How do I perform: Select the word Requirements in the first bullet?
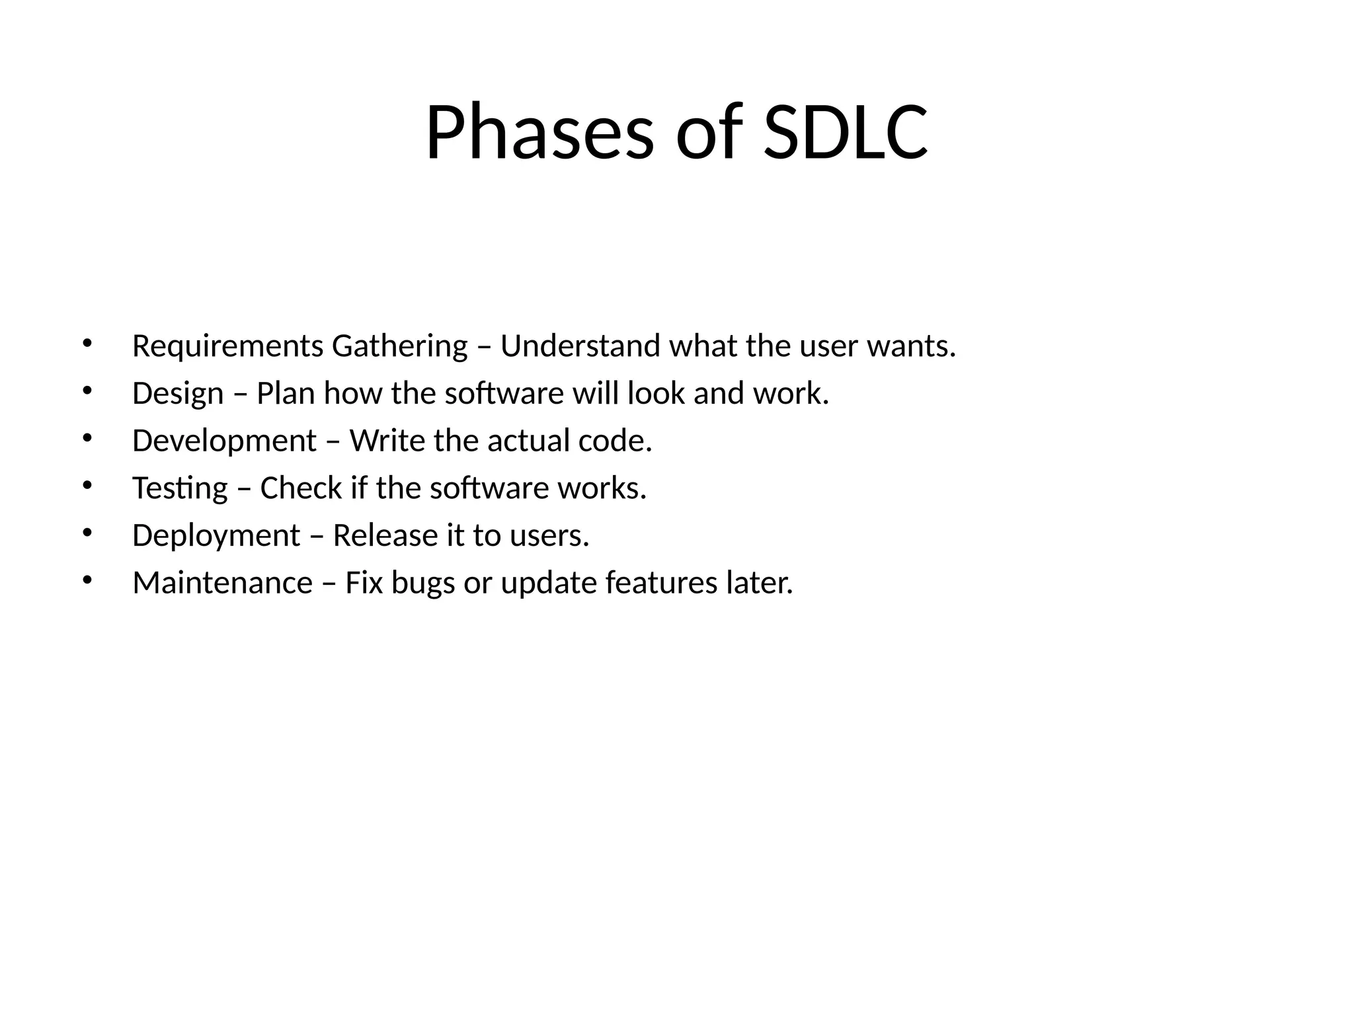[227, 346]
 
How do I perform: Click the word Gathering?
[399, 346]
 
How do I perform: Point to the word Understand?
[580, 346]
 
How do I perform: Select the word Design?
[178, 394]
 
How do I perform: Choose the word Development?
[224, 441]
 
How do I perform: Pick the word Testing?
[180, 488]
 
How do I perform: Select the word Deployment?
[216, 536]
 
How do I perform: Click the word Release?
[385, 536]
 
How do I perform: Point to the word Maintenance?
[222, 583]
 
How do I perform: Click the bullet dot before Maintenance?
[87, 580]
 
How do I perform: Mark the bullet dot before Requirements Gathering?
[87, 343]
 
